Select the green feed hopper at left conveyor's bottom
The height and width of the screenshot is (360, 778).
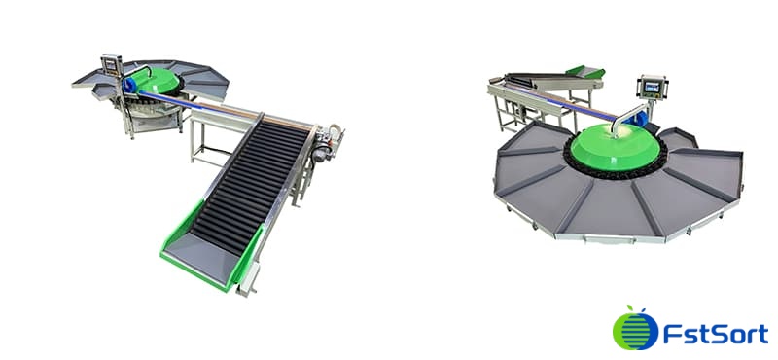coord(194,255)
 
